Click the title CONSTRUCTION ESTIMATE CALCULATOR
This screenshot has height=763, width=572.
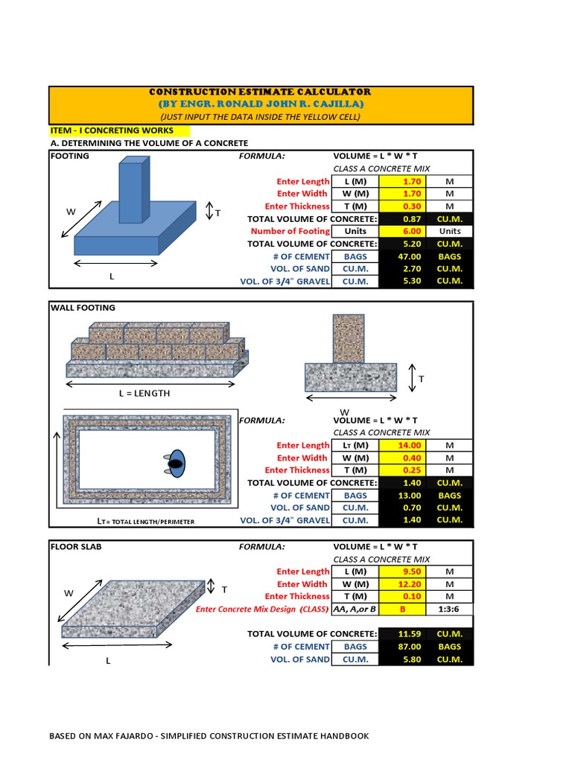click(260, 92)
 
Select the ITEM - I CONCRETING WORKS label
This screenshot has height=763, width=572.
click(111, 130)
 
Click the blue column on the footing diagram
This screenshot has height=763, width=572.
click(131, 192)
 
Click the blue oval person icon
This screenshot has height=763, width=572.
click(177, 463)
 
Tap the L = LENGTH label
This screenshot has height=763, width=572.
click(144, 393)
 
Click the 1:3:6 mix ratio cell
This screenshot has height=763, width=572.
click(449, 609)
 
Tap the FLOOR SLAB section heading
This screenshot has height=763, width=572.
click(75, 546)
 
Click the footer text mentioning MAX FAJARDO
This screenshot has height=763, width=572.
click(209, 736)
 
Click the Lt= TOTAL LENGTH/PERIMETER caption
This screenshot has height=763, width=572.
click(146, 522)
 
